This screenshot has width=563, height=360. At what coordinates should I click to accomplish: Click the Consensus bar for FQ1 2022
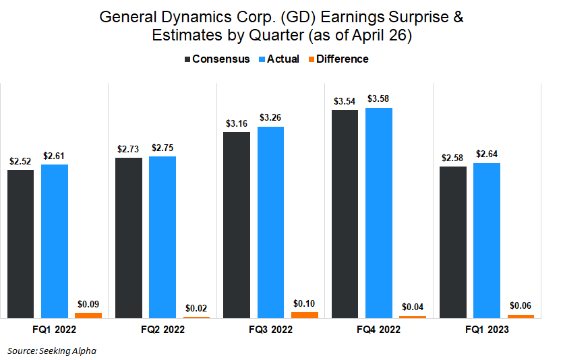20,243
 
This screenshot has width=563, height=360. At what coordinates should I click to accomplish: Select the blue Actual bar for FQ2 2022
162,237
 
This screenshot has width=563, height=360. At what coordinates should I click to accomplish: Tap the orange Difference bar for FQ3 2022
304,315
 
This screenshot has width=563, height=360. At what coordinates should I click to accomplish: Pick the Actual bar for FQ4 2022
378,212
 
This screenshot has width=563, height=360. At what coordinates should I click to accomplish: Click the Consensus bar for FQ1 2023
452,242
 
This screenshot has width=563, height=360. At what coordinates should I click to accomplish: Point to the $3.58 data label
378,99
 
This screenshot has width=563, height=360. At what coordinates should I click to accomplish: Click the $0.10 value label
304,303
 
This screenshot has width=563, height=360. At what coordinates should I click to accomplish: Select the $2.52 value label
20,161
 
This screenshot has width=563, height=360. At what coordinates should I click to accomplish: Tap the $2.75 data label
162,148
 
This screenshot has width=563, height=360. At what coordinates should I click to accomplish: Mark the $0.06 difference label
521,305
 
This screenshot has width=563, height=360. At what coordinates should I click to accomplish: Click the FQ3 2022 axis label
270,330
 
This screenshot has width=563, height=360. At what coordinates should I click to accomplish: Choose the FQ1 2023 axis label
486,330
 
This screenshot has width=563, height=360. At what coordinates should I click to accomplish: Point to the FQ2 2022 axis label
162,330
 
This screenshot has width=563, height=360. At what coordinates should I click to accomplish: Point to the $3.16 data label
237,123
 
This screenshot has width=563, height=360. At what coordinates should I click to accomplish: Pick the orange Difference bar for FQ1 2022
88,315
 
